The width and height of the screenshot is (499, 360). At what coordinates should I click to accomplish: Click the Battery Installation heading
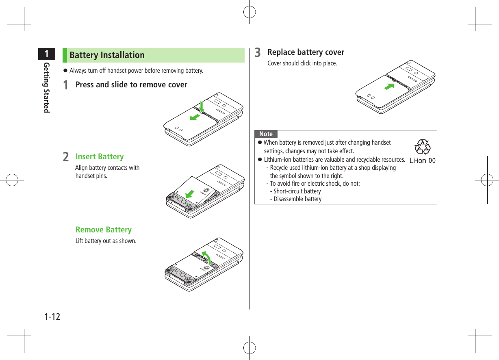click(x=107, y=55)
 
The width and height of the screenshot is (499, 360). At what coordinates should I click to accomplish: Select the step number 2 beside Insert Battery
click(x=66, y=157)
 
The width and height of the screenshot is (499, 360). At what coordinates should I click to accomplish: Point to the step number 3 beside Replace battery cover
click(x=258, y=53)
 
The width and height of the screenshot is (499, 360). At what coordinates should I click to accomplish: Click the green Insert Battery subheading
click(x=100, y=157)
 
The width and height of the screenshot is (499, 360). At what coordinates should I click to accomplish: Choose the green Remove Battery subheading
click(x=104, y=230)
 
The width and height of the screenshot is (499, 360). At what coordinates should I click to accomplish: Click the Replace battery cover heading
click(x=306, y=52)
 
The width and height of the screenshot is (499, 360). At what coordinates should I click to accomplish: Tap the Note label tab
click(x=266, y=134)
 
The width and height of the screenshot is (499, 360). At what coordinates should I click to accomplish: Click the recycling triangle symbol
click(x=422, y=147)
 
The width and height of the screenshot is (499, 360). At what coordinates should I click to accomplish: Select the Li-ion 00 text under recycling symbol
click(x=422, y=160)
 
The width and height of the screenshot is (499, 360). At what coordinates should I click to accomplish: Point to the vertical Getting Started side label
click(x=47, y=87)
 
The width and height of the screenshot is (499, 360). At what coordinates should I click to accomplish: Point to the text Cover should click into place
click(x=302, y=63)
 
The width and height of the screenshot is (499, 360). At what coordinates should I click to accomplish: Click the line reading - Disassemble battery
click(x=297, y=199)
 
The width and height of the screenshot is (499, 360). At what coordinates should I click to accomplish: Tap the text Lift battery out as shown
click(x=106, y=241)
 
